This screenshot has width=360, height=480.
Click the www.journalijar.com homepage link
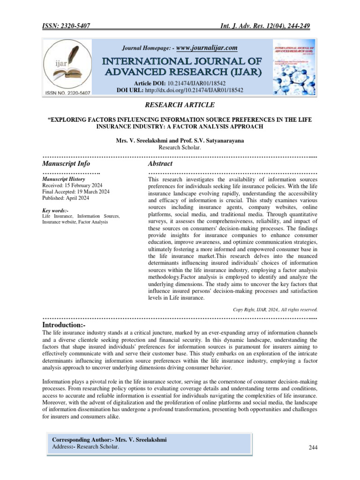(x=207, y=48)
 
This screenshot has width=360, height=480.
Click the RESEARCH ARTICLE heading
(x=180, y=105)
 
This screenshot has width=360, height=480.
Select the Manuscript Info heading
(x=66, y=164)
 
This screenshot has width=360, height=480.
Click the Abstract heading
(x=160, y=164)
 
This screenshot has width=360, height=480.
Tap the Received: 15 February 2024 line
(x=72, y=185)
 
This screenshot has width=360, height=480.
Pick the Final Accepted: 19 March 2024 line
(x=76, y=191)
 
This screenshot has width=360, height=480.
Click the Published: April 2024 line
(x=66, y=197)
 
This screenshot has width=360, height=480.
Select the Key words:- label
(x=55, y=210)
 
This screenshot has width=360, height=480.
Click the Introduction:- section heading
(x=64, y=325)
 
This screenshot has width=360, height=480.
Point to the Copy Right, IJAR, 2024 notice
(x=275, y=309)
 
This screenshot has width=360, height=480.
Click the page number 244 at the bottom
(x=313, y=448)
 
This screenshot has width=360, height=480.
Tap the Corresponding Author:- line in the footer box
(x=109, y=440)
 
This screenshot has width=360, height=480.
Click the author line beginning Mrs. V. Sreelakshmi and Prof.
(x=180, y=140)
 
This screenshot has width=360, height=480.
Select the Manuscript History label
(x=64, y=179)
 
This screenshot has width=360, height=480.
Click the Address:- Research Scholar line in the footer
(x=85, y=447)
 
